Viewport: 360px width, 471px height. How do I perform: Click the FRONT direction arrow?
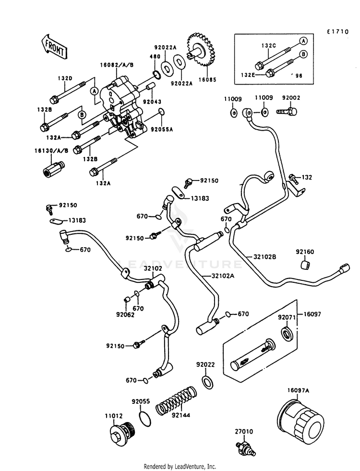[54, 46]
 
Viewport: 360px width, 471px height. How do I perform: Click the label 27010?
[243, 431]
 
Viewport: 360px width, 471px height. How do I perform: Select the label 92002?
[291, 98]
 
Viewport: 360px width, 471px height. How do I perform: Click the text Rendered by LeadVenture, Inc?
[180, 466]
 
